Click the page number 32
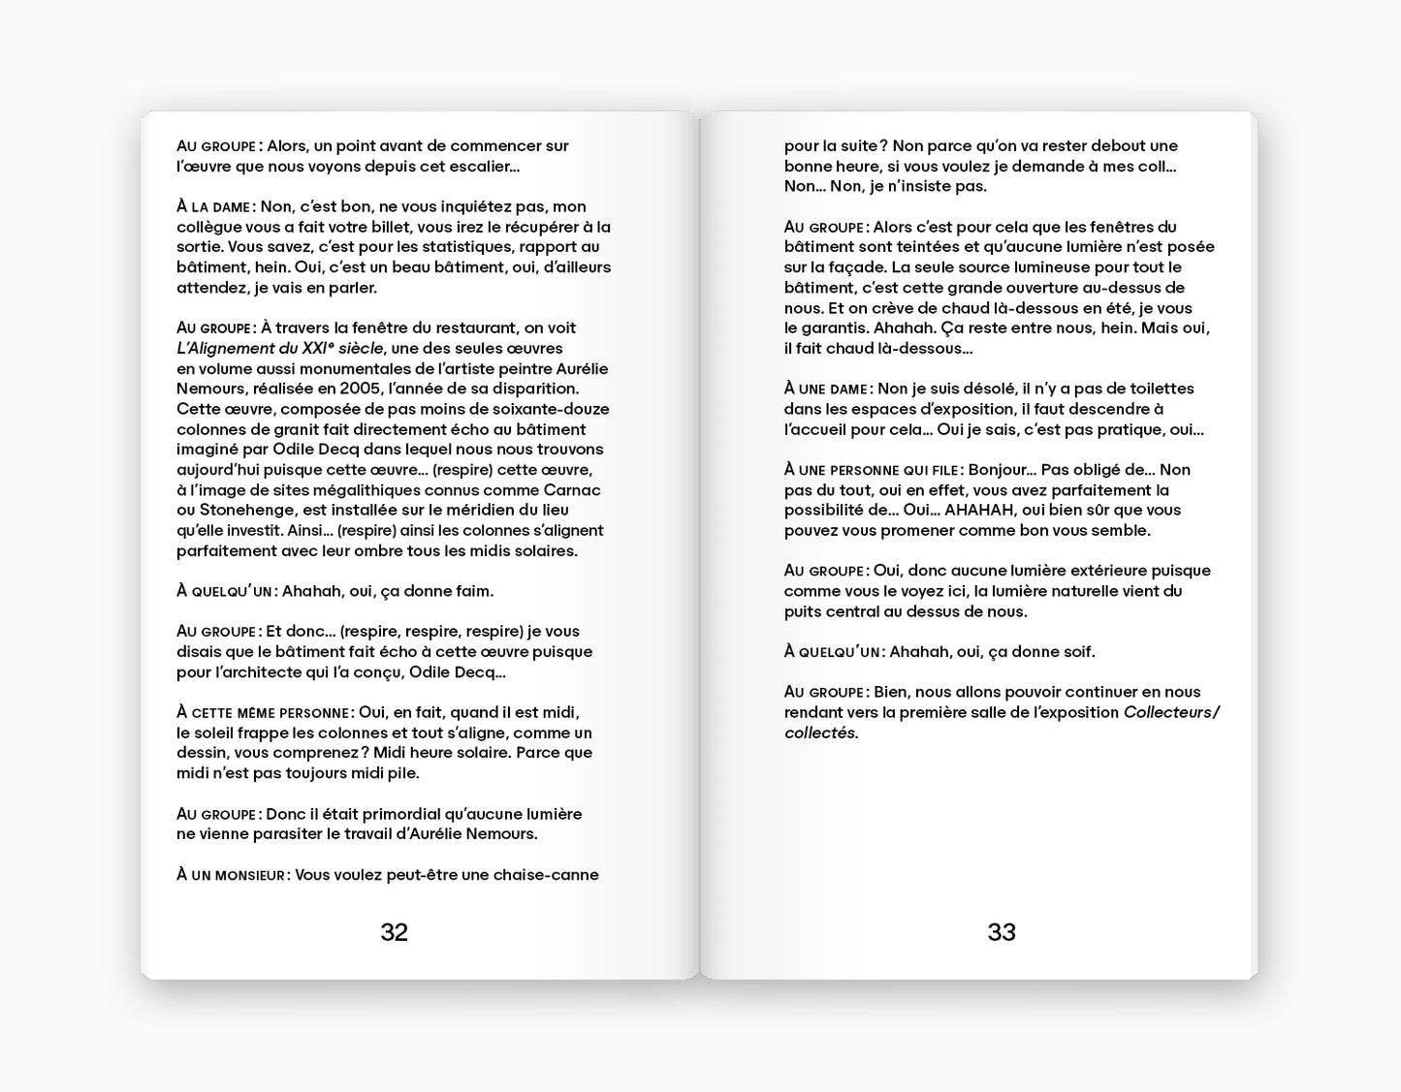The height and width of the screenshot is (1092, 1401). (394, 932)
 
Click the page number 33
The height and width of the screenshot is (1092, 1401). (1002, 932)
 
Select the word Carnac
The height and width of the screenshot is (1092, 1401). (572, 490)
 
